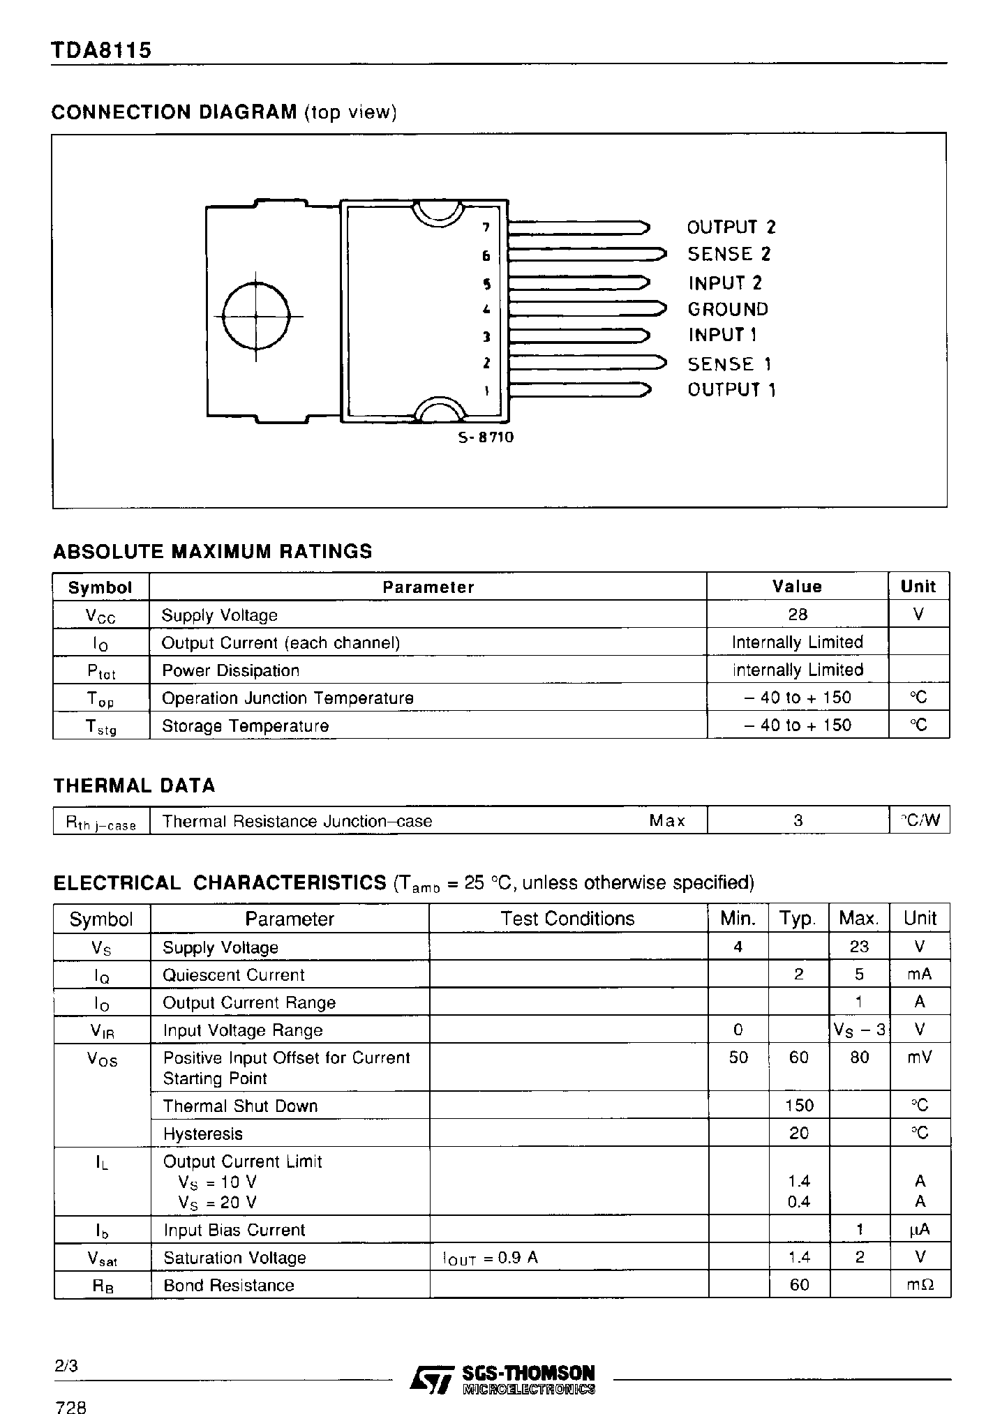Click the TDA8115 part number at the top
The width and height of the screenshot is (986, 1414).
click(101, 51)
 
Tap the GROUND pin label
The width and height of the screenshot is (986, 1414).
click(728, 309)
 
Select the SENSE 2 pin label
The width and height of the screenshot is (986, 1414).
click(729, 255)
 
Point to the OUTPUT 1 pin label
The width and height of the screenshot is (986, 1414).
click(731, 389)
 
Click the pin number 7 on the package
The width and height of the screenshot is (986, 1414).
click(486, 227)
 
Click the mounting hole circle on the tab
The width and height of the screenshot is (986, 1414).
click(256, 316)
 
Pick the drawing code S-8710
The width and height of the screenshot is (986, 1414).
click(486, 437)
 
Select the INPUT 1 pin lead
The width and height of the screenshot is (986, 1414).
click(578, 336)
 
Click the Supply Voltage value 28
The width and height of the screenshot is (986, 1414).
click(797, 614)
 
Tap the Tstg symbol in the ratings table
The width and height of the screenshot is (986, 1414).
click(101, 726)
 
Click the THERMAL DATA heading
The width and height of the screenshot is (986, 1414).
click(134, 785)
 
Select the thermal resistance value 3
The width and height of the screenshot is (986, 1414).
click(798, 821)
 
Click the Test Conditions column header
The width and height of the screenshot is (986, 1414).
click(567, 919)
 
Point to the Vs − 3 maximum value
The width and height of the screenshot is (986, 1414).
click(859, 1030)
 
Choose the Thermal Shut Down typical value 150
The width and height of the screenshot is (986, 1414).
click(798, 1106)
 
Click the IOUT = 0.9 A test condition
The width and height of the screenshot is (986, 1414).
click(490, 1258)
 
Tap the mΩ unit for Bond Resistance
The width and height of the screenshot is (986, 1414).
click(920, 1285)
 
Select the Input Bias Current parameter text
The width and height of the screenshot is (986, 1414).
click(234, 1230)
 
